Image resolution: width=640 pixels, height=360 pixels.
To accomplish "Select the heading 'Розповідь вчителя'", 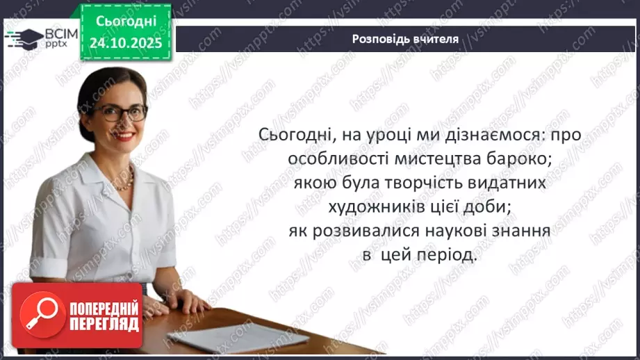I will tap(405, 39).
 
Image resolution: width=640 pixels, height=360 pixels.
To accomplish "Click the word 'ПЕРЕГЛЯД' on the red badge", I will tap(104, 324).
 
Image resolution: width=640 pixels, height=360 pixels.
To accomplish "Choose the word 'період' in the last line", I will tap(450, 255).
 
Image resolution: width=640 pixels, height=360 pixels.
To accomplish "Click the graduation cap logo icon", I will tap(22, 37).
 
